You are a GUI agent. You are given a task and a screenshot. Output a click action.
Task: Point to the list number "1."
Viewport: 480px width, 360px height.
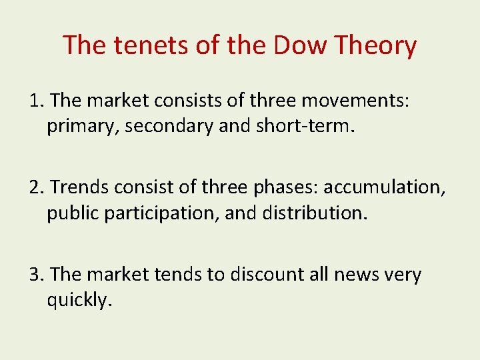click(37, 101)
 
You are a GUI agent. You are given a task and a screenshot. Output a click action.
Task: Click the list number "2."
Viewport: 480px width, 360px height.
click(37, 187)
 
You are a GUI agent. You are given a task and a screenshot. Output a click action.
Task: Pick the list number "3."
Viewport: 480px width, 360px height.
click(37, 274)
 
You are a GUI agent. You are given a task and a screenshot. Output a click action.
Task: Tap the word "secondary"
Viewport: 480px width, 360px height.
click(170, 126)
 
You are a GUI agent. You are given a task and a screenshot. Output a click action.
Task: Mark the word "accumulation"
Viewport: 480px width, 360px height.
click(384, 187)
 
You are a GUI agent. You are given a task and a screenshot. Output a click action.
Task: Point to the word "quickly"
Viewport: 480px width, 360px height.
click(77, 300)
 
